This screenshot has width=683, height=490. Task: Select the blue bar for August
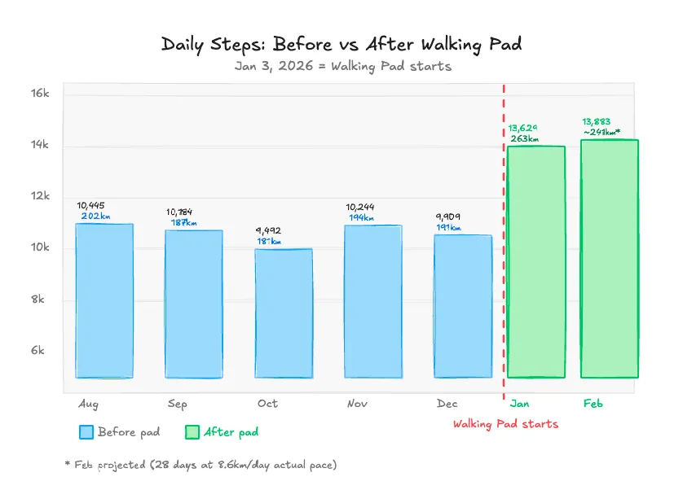[104, 300]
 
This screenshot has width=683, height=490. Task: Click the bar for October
[284, 313]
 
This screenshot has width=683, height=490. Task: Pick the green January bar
[535, 262]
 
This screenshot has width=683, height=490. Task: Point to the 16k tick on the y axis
[40, 94]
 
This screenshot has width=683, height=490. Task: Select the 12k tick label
[40, 196]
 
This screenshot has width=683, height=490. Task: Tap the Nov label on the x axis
[357, 404]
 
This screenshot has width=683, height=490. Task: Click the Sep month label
[177, 404]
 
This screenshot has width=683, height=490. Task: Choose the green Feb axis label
[593, 403]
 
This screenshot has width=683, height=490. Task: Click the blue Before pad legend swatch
[86, 432]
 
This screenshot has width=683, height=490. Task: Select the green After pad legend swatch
[192, 432]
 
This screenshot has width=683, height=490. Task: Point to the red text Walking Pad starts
[505, 424]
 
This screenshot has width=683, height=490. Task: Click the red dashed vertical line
[504, 244]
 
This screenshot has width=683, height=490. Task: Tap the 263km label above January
[524, 139]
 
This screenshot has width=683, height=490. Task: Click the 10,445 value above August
[90, 205]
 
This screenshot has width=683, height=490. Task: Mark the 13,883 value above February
[596, 121]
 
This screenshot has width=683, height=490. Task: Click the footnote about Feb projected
[200, 465]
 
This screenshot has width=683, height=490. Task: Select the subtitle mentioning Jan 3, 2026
[342, 66]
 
